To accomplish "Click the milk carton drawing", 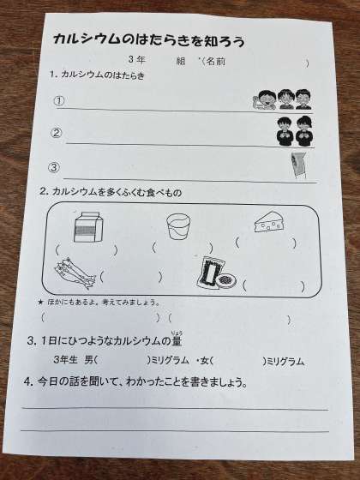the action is tap(88, 226).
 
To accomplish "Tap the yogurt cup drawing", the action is tap(178, 226).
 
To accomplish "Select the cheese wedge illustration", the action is tap(270, 221).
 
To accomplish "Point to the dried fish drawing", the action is tap(75, 273).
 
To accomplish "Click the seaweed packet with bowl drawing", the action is tap(216, 273).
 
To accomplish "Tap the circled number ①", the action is tap(59, 101).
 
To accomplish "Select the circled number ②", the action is tap(57, 133).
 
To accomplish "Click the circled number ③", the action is tap(53, 167).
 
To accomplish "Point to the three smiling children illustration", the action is tap(282, 99).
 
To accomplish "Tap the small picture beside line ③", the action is tap(298, 165).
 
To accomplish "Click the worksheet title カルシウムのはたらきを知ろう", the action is tap(149, 40).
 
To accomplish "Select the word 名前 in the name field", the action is tap(215, 62).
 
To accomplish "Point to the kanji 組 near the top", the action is tap(181, 61).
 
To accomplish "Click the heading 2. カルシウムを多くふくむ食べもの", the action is tap(111, 192).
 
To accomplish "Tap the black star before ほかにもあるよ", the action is tap(40, 302).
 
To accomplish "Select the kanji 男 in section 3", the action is tap(89, 360).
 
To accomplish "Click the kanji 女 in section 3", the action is tap(205, 361).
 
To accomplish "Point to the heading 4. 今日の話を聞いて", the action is tap(135, 382).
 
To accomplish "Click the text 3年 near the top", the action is tap(136, 59).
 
